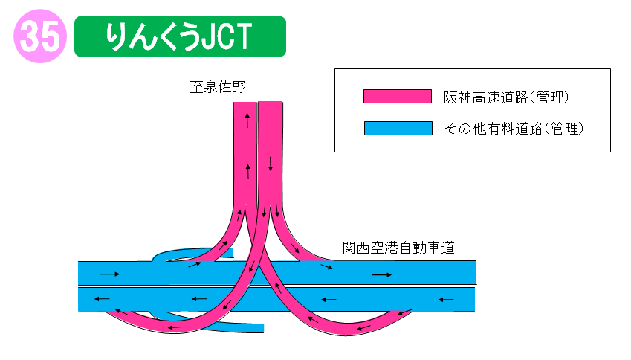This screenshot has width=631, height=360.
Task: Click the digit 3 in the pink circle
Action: [30, 36]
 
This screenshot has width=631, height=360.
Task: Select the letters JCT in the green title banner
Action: [225, 36]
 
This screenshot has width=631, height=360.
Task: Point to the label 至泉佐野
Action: [216, 88]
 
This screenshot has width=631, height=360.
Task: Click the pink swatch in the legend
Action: [398, 97]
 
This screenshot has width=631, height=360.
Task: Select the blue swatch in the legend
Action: [398, 128]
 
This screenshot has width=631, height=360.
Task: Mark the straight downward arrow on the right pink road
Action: [271, 162]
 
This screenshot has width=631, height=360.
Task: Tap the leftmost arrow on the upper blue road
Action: [109, 274]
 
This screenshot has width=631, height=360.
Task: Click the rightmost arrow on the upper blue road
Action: [381, 275]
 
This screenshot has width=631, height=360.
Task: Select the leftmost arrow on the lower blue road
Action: [102, 300]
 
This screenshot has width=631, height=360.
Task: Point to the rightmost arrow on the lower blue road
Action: [446, 300]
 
